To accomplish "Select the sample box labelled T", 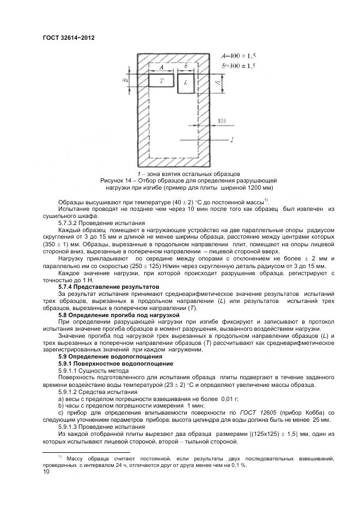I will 162,81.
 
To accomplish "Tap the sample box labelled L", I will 186,83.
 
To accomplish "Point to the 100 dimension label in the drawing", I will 221,120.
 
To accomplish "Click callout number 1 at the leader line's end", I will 233,140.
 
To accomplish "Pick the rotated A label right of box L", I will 217,83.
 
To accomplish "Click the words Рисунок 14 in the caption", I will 115,180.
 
